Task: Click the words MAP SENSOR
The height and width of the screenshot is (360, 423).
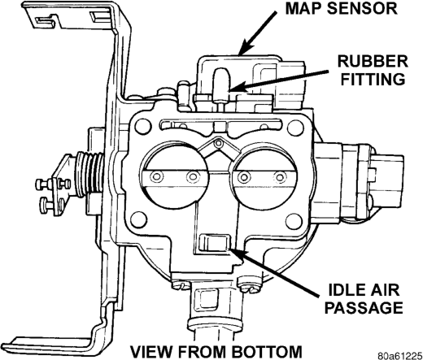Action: [x=342, y=8]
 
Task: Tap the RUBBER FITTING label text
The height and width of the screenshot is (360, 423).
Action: [x=373, y=71]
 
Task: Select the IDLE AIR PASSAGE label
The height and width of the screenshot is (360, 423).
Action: [x=364, y=298]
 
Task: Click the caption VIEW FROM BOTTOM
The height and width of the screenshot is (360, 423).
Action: [x=216, y=351]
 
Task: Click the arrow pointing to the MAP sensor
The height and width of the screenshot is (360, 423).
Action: [x=258, y=33]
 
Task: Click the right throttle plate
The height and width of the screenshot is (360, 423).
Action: [x=264, y=176]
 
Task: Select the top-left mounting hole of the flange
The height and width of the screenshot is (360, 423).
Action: [x=143, y=126]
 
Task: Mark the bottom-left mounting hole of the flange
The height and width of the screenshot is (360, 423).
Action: [x=138, y=219]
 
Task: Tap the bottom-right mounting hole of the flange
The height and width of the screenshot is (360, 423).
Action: [x=294, y=221]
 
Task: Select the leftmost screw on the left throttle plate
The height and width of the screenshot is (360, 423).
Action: [x=157, y=176]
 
